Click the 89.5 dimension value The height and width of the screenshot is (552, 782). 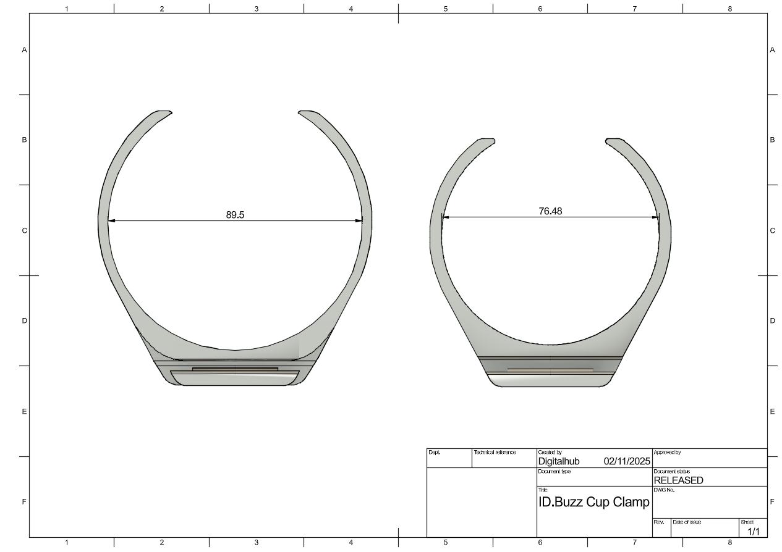(234, 215)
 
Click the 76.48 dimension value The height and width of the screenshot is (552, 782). (550, 211)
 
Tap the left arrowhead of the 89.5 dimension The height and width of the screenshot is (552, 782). (111, 220)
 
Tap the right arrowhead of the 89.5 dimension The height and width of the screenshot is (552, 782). (359, 220)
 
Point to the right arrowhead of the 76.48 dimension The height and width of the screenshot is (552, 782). (656, 217)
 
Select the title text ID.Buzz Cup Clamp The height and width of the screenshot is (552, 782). (593, 502)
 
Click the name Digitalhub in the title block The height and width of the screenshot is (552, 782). (559, 461)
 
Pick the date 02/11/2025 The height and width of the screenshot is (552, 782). (627, 461)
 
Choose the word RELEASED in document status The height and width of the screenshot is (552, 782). (678, 480)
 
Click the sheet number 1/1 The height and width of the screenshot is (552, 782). (754, 531)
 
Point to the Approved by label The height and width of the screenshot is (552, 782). (666, 453)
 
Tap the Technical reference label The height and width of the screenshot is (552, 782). (495, 453)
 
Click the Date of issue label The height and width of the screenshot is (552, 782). (687, 522)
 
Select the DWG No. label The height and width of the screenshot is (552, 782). (663, 490)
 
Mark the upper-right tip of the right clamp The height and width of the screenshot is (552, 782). (610, 141)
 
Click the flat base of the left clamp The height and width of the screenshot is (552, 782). (235, 385)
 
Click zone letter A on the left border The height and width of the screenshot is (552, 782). (25, 49)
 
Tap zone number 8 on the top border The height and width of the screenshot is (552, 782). (729, 9)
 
